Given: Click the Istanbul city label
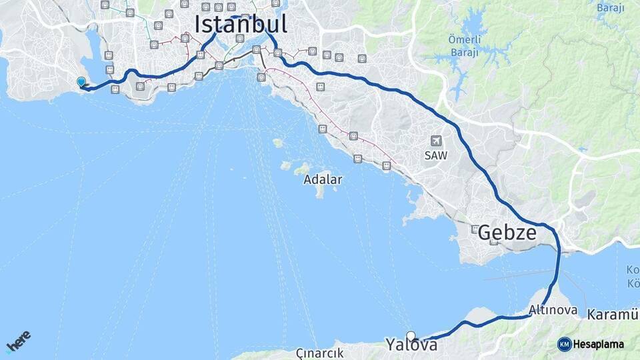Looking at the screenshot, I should point(241,24).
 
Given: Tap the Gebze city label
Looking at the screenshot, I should point(507,233).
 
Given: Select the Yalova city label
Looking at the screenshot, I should point(411,345).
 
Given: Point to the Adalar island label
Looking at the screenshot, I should point(323,179).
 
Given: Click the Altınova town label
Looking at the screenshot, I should point(552,310).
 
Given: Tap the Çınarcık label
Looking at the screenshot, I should point(321,353).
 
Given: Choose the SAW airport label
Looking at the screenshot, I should point(436,155).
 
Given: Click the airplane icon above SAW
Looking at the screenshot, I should point(436,141).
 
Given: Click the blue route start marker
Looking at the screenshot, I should point(81,82).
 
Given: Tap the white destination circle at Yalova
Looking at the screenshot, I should point(411,336).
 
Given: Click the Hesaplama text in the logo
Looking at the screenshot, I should point(598,344).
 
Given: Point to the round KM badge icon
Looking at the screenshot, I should point(564,344).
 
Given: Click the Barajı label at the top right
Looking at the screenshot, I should point(609,9).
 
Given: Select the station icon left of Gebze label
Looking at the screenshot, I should point(475,229).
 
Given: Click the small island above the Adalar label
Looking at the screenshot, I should point(278,143).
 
